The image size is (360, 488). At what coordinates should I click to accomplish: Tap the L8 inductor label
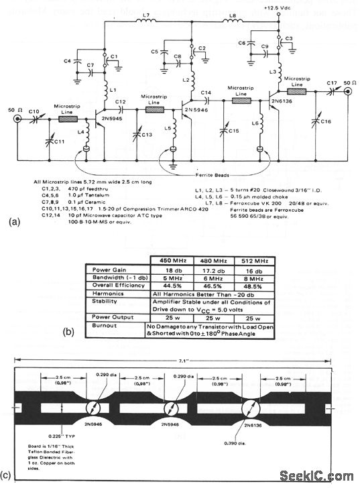click(x=231, y=14)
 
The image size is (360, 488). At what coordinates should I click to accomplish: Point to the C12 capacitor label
click(x=121, y=102)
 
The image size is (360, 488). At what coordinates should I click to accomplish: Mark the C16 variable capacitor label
click(x=326, y=121)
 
